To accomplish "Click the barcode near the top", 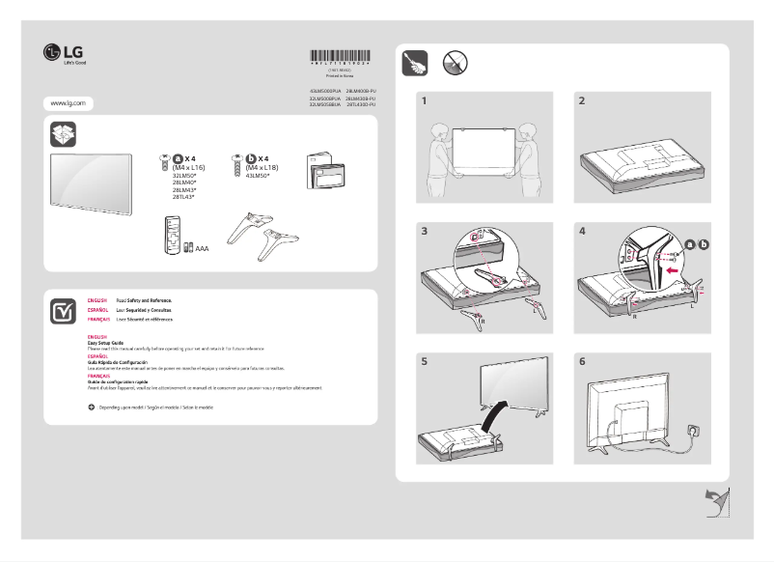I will [x=339, y=56].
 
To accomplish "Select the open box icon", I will [x=64, y=132].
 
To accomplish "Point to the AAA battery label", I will [x=202, y=248].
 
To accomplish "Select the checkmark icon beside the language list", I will [x=64, y=311].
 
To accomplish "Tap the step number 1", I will [x=424, y=101].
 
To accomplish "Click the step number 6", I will [x=581, y=362].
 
